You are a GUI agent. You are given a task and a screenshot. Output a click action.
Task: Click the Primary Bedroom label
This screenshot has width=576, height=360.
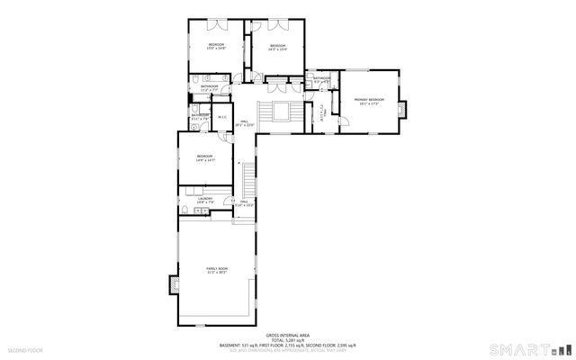coord(369,101)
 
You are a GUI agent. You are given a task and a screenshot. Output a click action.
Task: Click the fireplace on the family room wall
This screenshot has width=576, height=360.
coord(174,284)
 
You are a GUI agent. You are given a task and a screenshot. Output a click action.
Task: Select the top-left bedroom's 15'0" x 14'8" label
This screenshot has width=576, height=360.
coord(216,46)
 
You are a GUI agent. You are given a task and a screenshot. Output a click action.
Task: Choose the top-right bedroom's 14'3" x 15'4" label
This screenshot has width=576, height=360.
coord(277,48)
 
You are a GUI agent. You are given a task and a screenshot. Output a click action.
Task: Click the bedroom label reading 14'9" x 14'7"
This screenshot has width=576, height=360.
coord(207,159)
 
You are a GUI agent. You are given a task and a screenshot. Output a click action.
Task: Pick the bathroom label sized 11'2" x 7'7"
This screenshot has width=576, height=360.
coord(210,88)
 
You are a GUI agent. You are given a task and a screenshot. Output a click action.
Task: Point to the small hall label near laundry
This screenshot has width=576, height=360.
coord(243,203)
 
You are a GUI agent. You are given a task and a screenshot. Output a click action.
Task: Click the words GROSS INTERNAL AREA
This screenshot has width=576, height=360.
coord(288,334)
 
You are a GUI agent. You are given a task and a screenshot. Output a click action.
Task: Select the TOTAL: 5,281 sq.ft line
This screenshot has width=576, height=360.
coord(288,339)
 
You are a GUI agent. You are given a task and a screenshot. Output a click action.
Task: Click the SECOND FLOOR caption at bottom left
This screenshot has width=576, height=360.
coord(24,348)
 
